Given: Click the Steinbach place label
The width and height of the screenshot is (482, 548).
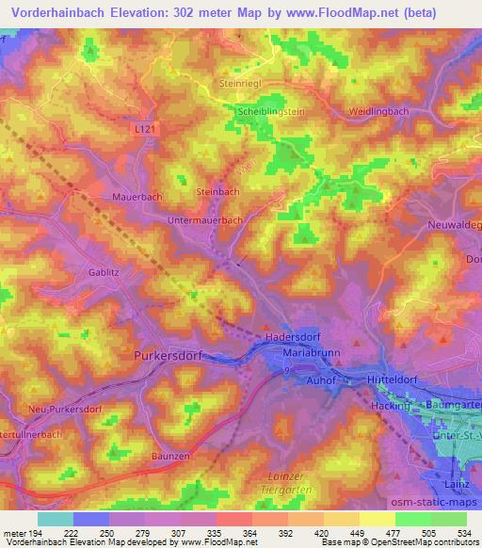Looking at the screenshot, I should pyautogui.click(x=217, y=191).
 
